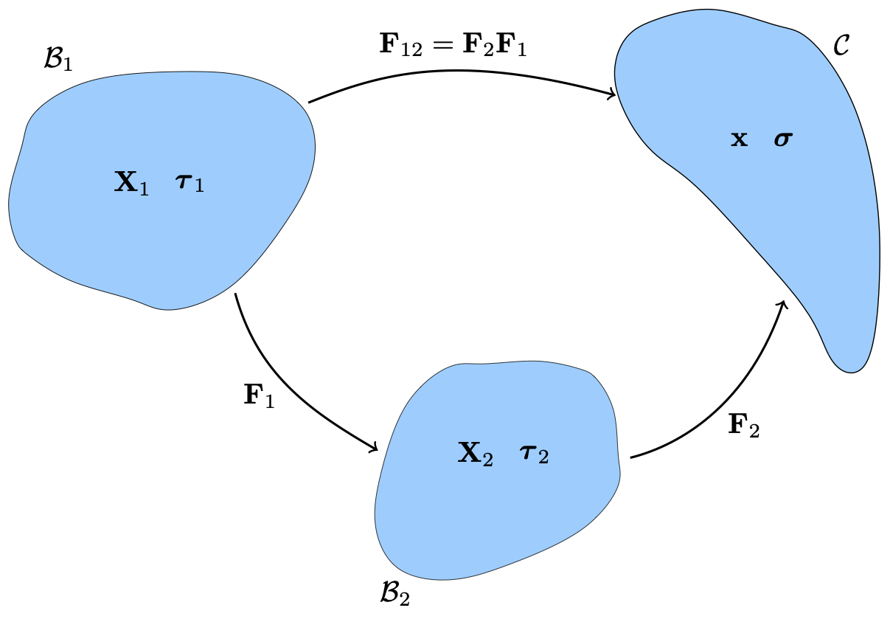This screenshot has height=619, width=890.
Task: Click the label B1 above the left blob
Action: click(58, 60)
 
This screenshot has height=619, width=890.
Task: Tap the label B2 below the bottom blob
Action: click(394, 592)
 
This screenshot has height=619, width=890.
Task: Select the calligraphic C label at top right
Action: click(841, 46)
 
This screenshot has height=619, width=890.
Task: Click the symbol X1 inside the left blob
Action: click(132, 182)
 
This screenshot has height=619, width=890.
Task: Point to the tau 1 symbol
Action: click(190, 183)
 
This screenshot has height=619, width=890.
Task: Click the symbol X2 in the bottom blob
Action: click(476, 452)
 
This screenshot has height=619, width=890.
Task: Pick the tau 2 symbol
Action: click(534, 453)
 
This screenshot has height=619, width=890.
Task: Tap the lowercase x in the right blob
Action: click(739, 139)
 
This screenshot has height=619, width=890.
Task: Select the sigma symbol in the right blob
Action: click(783, 139)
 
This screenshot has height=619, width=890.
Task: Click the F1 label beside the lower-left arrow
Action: click(259, 396)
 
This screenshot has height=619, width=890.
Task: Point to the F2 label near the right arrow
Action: click(743, 426)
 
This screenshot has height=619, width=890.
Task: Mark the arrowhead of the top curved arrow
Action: click(613, 94)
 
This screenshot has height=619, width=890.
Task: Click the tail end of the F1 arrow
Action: click(235, 294)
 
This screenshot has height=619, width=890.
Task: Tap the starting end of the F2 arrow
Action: click(631, 458)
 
